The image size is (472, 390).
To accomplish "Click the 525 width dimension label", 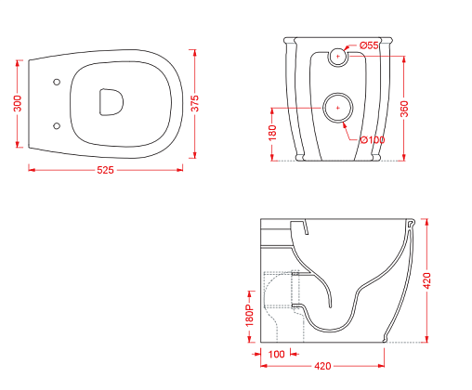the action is (105, 170).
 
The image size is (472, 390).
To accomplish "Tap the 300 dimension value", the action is (18, 104).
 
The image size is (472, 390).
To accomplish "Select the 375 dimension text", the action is (195, 103).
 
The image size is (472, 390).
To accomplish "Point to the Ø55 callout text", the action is (369, 45).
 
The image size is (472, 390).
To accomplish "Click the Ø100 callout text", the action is (373, 140).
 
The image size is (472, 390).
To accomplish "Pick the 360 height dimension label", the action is (404, 109).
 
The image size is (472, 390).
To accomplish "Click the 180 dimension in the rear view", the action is (272, 133).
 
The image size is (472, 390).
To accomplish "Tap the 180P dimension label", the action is (249, 315).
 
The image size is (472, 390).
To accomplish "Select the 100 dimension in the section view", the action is (276, 354).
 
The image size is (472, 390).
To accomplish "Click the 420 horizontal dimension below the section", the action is (322, 366).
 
